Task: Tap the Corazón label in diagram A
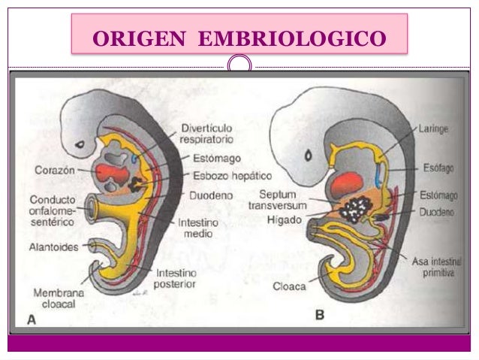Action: point(53,170)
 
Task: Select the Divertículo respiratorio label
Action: point(206,132)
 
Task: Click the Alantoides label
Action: point(55,245)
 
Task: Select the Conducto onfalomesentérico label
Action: point(55,210)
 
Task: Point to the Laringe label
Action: point(434,129)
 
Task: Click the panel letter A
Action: point(32,319)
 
